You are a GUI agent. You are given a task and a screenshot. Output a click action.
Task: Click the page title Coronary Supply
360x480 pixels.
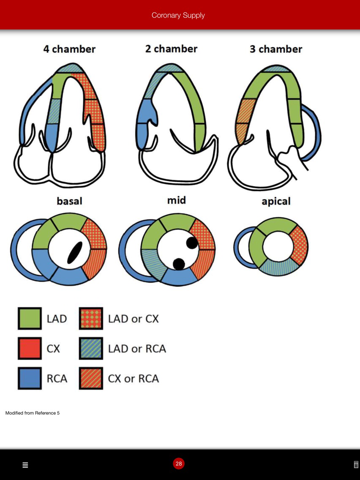tap(178, 15)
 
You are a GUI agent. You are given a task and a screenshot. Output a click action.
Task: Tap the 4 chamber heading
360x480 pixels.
tap(69, 49)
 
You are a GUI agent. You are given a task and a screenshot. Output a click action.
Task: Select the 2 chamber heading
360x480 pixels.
tap(171, 49)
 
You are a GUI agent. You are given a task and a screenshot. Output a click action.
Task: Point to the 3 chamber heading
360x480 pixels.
tap(276, 49)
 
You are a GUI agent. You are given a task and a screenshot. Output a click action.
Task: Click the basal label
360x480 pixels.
tap(69, 201)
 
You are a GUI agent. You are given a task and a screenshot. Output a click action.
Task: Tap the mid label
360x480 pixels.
tap(176, 200)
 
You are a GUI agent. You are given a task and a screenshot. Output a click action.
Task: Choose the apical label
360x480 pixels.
tap(276, 202)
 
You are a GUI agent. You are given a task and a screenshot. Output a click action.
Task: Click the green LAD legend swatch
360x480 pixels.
tap(30, 319)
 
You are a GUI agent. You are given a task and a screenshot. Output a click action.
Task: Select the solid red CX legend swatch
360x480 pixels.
tap(30, 349)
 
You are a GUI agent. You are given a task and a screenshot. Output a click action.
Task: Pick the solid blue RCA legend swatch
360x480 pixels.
tap(30, 378)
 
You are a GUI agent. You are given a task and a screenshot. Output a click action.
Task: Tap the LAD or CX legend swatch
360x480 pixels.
tap(91, 319)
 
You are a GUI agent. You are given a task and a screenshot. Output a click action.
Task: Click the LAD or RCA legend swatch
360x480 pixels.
tap(91, 349)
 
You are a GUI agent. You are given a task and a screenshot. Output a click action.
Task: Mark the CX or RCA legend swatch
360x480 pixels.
tap(91, 378)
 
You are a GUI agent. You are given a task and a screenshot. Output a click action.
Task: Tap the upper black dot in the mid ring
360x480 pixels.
tap(192, 243)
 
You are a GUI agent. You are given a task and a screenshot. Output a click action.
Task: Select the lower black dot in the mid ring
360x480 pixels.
tap(179, 264)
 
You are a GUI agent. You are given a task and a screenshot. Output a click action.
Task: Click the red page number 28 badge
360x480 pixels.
tap(179, 464)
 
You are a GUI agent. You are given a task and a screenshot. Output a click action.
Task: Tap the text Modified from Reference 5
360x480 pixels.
tap(33, 413)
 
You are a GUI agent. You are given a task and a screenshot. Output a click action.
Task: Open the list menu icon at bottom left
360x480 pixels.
tap(25, 465)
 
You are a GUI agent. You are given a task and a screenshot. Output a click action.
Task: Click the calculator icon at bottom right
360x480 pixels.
tap(356, 464)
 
